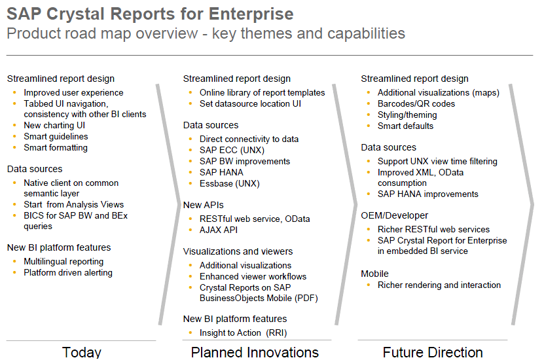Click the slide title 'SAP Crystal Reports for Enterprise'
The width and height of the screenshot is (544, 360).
tap(150, 14)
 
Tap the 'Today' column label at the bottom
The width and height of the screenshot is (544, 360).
tap(82, 352)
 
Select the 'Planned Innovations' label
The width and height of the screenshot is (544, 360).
tap(255, 352)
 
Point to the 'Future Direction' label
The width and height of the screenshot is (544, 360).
tap(433, 352)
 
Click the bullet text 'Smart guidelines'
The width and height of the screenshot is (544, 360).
tap(56, 137)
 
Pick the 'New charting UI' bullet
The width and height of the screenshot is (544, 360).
tap(54, 126)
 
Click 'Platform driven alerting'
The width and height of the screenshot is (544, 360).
tap(68, 273)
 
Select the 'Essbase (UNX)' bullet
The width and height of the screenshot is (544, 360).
tap(229, 184)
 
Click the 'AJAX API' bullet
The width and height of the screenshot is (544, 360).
tap(219, 230)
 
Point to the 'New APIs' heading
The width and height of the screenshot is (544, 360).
tap(202, 206)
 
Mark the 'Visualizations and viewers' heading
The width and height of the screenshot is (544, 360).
tap(238, 252)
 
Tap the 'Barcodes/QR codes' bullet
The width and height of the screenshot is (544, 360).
tap(416, 104)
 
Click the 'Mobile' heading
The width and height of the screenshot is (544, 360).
tap(374, 274)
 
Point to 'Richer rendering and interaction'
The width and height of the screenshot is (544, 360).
tap(439, 285)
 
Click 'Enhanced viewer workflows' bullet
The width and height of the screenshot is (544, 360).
tap(253, 277)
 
